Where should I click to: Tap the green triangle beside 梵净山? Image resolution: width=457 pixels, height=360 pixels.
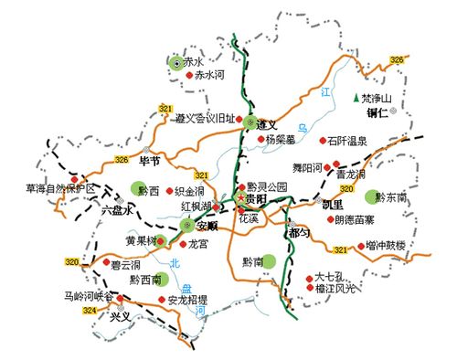tap(355, 98)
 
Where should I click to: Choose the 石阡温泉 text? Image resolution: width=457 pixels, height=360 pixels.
tap(347, 141)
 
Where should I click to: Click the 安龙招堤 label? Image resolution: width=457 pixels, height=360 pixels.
tap(188, 299)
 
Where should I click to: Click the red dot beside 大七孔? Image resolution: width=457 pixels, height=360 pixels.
tap(307, 278)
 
